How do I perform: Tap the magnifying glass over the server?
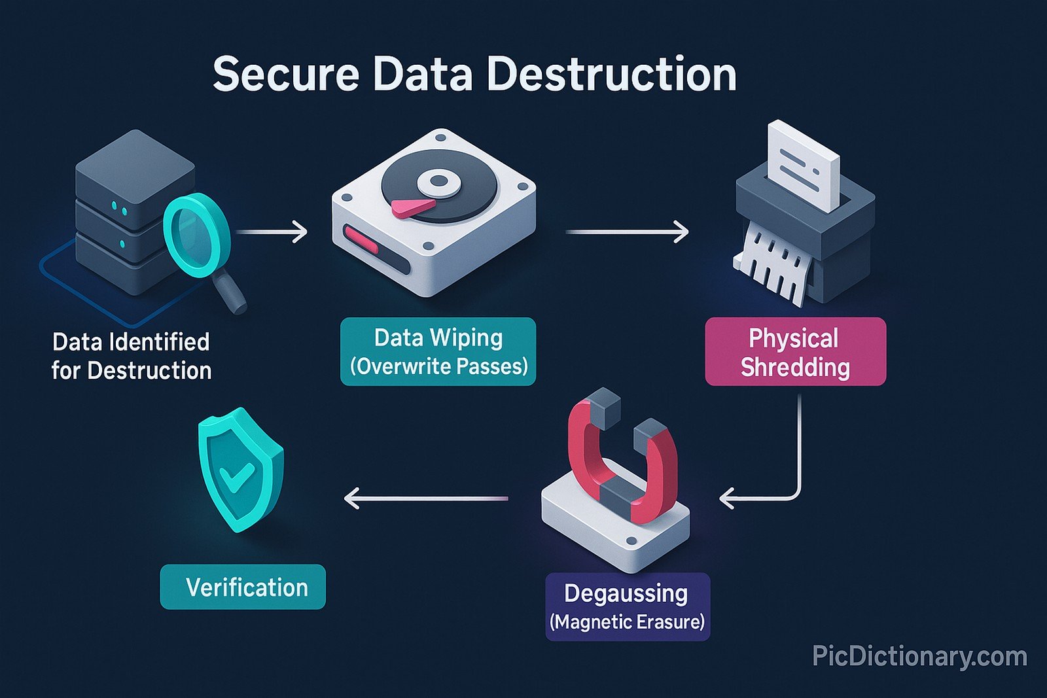pos(196,236)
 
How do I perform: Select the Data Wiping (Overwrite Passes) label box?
pos(438,351)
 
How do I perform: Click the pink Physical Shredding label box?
pos(795,352)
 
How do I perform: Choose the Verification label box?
pos(243,587)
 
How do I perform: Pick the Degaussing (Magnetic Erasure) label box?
pos(627,606)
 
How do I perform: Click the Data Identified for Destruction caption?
pos(132,356)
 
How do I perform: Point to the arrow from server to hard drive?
pos(272,232)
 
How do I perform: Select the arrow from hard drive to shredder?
pos(627,232)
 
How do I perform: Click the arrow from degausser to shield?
pos(425,499)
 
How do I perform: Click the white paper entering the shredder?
pos(803,164)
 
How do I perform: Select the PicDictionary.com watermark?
pos(919,656)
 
